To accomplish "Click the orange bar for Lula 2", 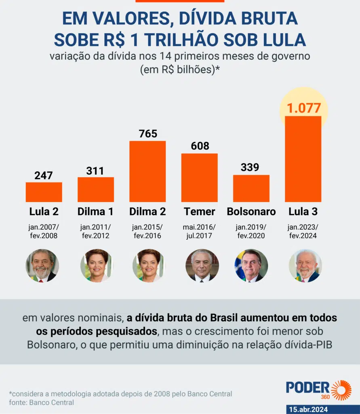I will [44, 192].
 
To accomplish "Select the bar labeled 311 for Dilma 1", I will [95, 190].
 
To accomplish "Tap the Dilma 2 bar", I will [147, 171].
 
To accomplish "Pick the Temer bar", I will [199, 177].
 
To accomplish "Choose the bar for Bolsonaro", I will [251, 188].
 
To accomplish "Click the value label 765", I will [147, 133].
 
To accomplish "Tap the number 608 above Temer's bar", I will [200, 146].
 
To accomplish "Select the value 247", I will [44, 175].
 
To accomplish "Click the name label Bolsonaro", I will [251, 211].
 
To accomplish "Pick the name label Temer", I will [200, 211].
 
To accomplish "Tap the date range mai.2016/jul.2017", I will [200, 231].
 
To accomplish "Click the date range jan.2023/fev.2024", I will [303, 231].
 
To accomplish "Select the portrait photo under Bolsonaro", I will [251, 265].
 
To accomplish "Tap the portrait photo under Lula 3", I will [305, 265].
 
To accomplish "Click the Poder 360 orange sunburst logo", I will [341, 390].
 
